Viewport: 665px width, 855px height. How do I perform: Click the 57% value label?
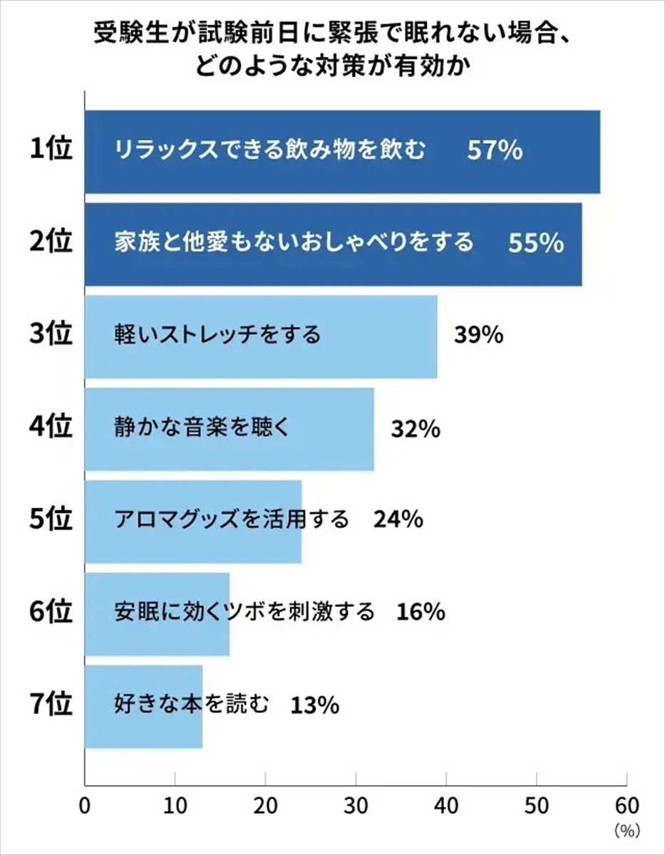(x=495, y=151)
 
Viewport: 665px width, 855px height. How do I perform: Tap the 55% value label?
(x=536, y=244)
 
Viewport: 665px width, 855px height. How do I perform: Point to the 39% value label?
(x=479, y=335)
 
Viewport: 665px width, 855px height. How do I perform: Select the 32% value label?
(x=416, y=428)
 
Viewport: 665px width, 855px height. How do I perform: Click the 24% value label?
(x=398, y=520)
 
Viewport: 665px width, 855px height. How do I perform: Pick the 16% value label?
(x=421, y=612)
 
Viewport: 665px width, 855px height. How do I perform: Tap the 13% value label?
(x=314, y=705)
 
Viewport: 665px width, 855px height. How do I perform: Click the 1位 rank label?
(x=52, y=150)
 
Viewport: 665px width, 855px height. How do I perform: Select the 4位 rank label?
(x=52, y=428)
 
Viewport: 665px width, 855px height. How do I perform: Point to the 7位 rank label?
(x=52, y=705)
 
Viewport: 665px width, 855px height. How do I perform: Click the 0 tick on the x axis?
(x=86, y=805)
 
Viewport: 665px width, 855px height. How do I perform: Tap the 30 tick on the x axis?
(x=356, y=805)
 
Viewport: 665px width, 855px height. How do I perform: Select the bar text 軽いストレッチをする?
(x=217, y=335)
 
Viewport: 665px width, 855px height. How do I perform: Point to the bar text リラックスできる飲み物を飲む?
(x=270, y=151)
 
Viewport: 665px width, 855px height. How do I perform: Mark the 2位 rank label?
(x=52, y=243)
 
